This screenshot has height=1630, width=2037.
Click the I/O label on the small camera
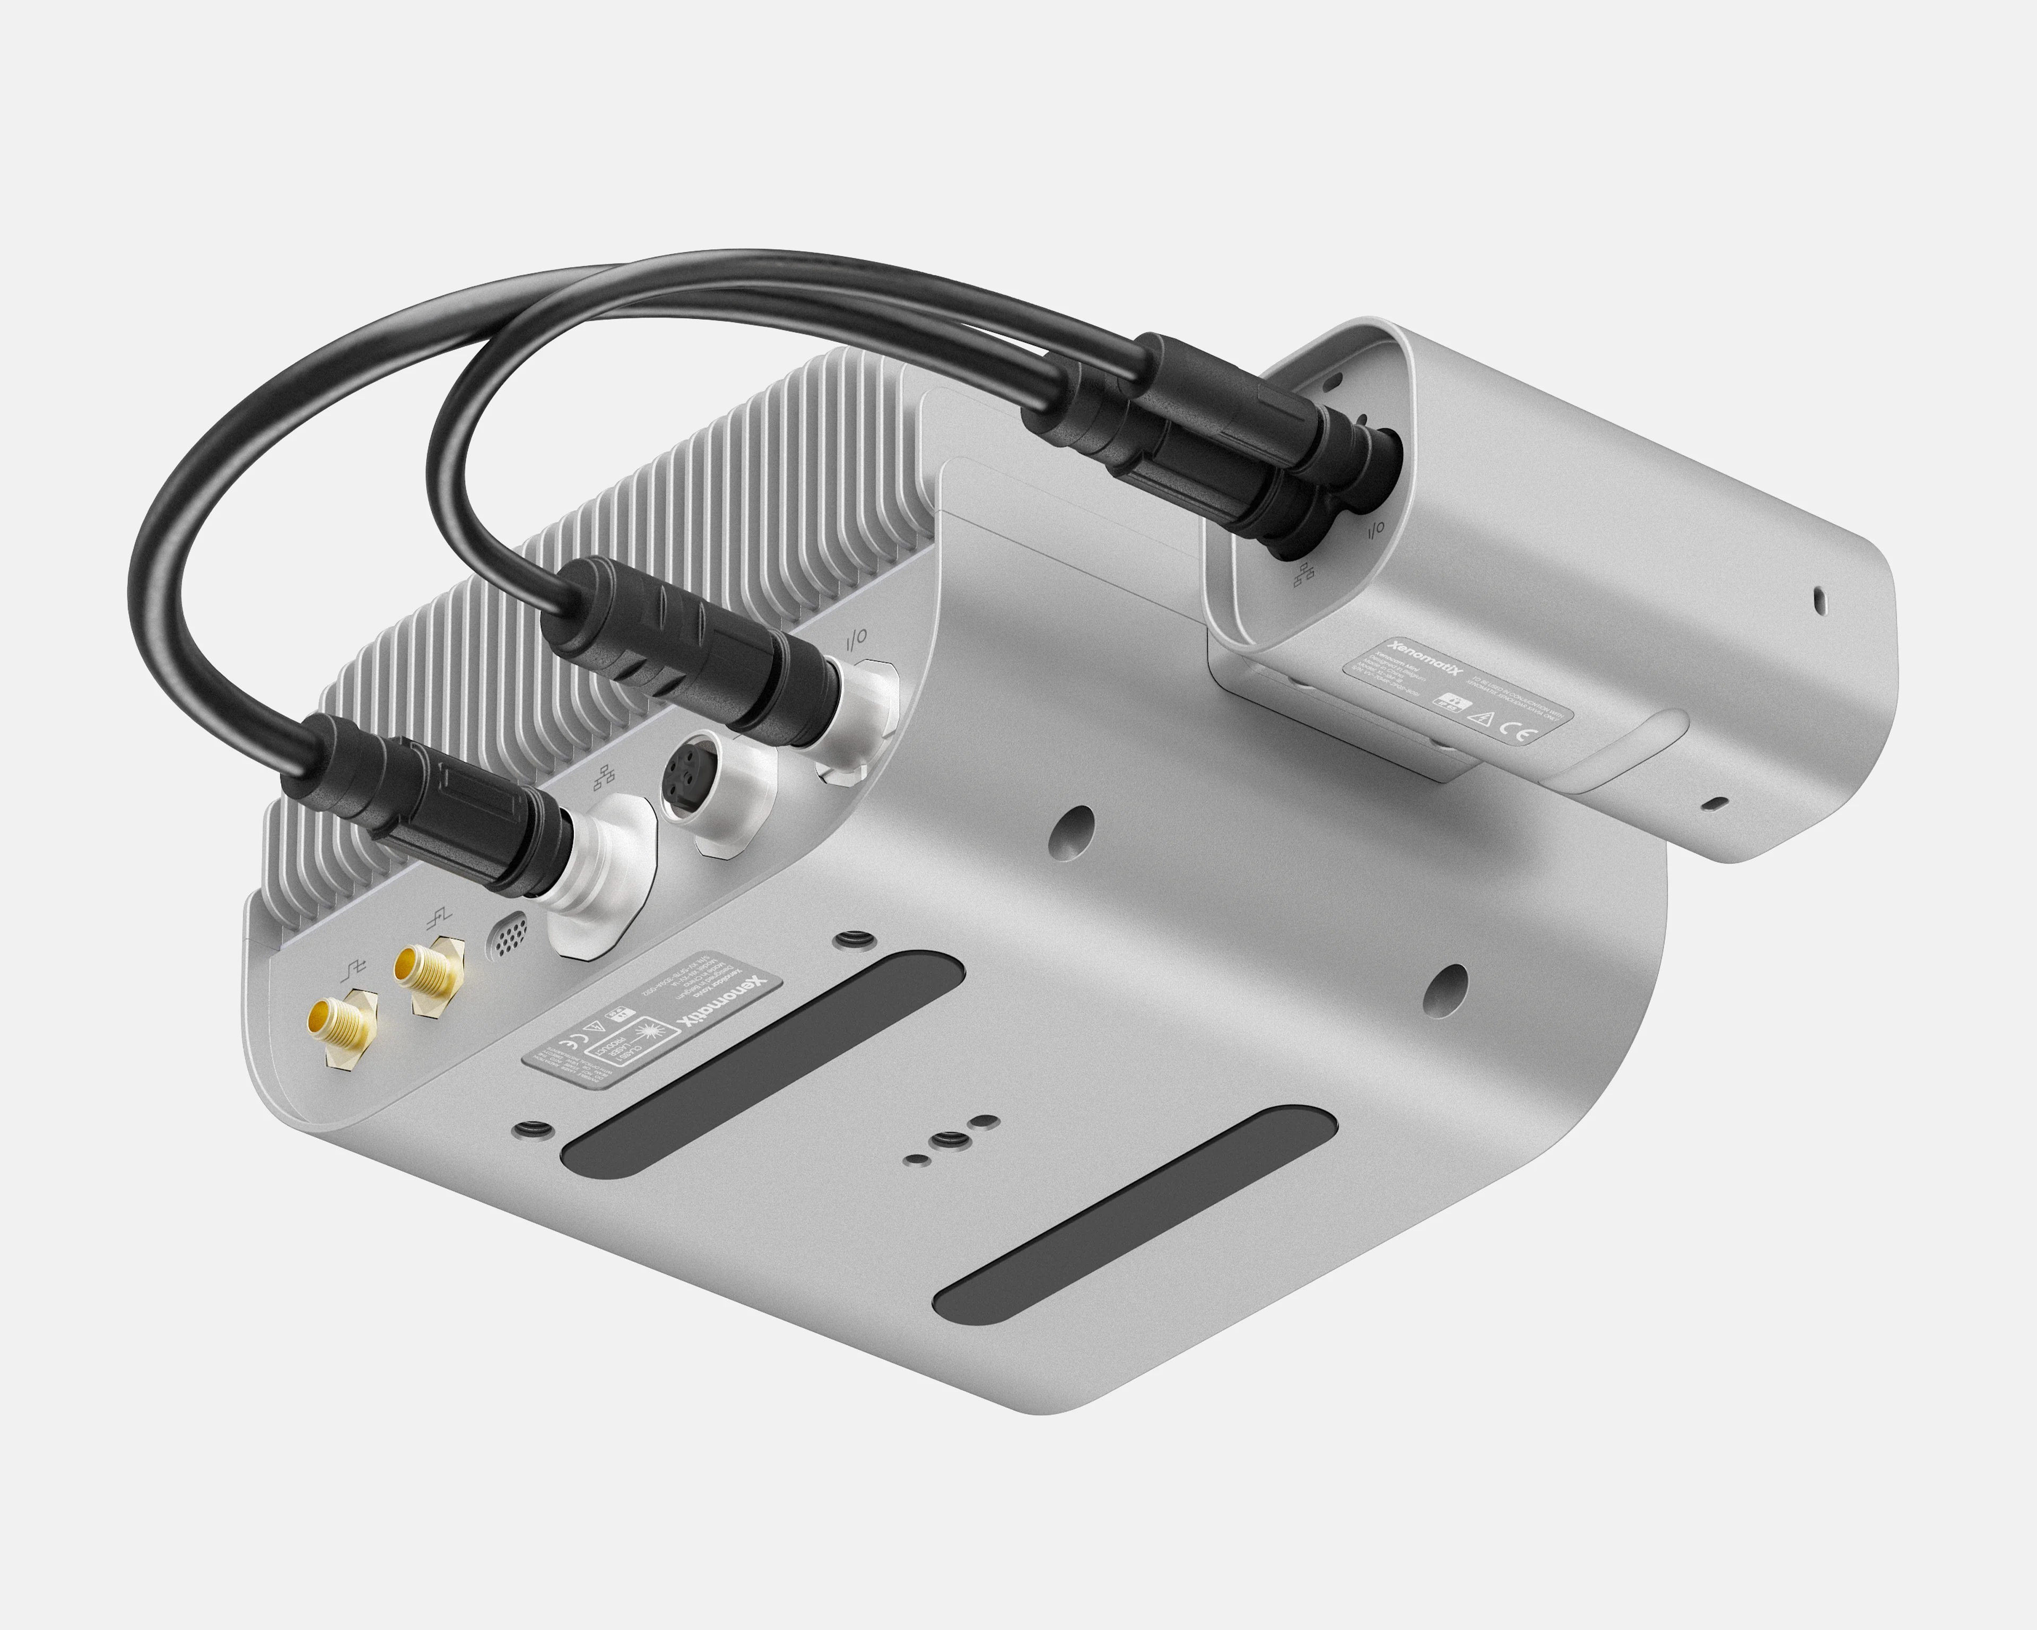1374,528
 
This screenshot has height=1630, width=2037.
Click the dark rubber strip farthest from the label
1134,1214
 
